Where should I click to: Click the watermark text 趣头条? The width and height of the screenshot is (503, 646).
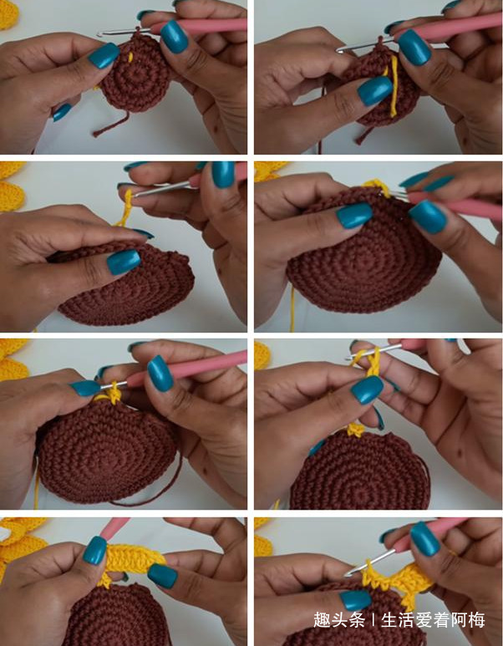[338, 619]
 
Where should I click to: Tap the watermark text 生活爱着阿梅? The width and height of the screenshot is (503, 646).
[433, 619]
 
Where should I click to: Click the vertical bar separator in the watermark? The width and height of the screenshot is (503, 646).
[373, 619]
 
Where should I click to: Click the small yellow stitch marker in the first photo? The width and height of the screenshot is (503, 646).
[130, 57]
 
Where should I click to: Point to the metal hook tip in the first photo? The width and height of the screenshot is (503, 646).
[99, 34]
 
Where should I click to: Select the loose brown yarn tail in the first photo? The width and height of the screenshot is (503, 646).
[110, 124]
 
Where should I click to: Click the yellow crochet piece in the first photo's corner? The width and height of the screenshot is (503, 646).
[8, 13]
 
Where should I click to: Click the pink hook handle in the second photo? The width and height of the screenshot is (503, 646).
[449, 27]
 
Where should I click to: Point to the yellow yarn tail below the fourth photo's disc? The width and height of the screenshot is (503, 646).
[293, 309]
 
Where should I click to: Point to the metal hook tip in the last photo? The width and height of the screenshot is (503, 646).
[347, 574]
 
